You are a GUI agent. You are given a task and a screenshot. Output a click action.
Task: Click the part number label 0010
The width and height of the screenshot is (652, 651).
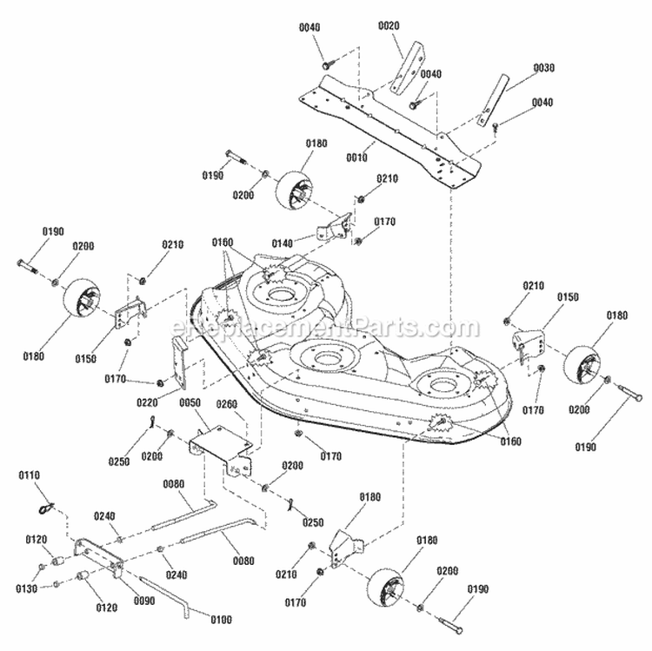click(x=357, y=157)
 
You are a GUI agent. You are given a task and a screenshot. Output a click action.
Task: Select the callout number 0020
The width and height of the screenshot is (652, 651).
click(x=389, y=26)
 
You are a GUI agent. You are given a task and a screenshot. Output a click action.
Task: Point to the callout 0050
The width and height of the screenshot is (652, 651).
click(x=189, y=402)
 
